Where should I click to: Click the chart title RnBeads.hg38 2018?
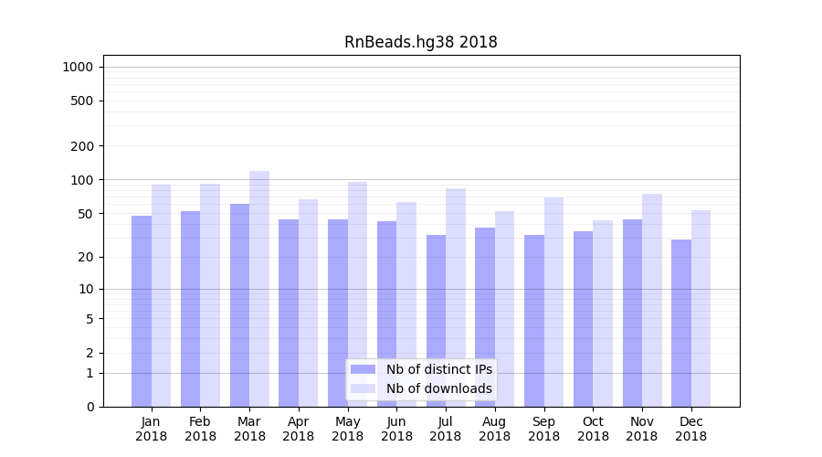(420, 42)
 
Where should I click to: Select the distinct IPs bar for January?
(142, 311)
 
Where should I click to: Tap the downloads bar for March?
(259, 288)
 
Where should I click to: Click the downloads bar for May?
(357, 293)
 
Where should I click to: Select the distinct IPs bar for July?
(436, 320)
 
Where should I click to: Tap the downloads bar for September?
(553, 302)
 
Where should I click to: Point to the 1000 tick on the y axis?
(78, 67)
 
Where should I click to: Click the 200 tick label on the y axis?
(82, 146)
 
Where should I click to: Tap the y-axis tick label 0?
(90, 407)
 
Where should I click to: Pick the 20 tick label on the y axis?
(86, 257)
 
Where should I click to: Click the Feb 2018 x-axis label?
(201, 429)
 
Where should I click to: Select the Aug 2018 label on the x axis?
(495, 429)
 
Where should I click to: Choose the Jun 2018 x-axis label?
(396, 429)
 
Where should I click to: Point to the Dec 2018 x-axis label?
(691, 429)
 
